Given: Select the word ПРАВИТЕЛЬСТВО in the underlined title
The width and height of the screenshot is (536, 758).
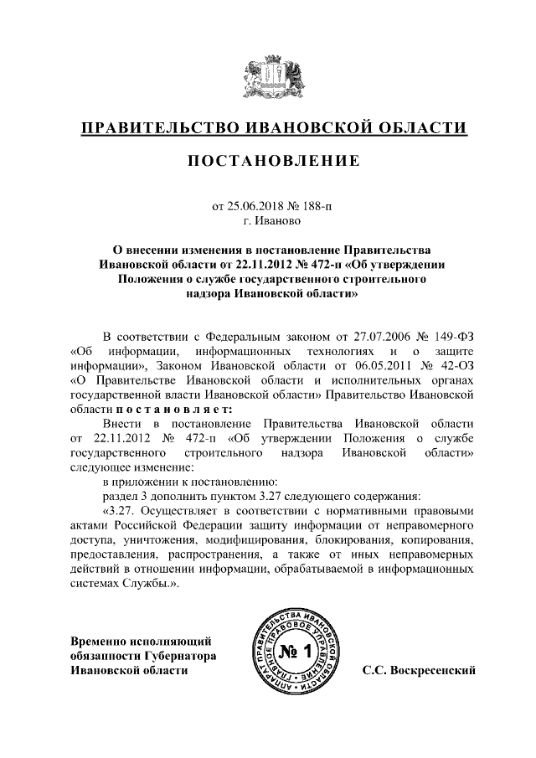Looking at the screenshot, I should click(157, 127).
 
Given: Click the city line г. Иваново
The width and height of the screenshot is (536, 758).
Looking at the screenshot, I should click(268, 221).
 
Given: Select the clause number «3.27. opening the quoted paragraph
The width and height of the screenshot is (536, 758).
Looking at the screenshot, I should click(117, 510).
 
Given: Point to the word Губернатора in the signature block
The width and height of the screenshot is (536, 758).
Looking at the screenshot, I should click(178, 655).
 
